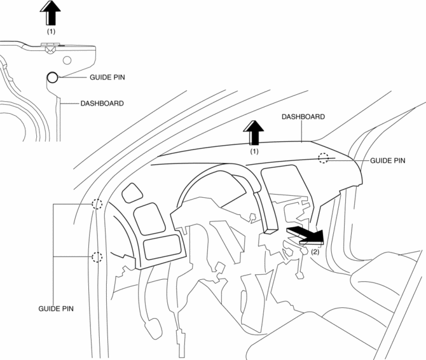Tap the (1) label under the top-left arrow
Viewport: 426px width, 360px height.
pos(51,31)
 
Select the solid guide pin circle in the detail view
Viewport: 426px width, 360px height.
pos(52,78)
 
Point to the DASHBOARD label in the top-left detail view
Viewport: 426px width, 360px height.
pos(102,103)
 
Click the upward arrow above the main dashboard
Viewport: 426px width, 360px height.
pos(254,134)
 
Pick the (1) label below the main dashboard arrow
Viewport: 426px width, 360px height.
pos(254,152)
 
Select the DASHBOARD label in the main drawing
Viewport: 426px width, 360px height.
pos(303,117)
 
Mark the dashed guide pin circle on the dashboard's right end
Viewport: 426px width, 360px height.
pos(324,158)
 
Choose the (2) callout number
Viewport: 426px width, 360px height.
pos(315,252)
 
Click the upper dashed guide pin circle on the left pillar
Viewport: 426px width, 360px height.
pos(97,204)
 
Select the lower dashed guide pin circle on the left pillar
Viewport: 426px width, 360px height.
pos(97,257)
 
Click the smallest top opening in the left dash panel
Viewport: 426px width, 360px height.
pos(132,193)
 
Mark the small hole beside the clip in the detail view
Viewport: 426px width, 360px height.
pos(66,59)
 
